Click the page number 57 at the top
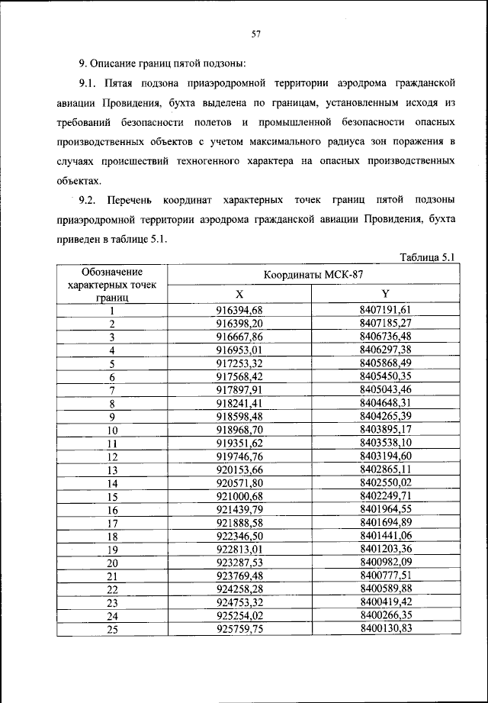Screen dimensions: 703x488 coord(256,34)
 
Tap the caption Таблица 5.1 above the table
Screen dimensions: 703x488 coord(427,257)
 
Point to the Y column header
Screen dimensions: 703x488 coord(385,295)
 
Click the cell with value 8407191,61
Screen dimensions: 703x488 coord(385,310)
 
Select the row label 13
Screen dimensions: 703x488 coord(112,470)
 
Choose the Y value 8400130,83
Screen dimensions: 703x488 coord(385,629)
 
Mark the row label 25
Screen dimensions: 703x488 coord(112,629)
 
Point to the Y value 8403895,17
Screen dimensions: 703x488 coord(385,431)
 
